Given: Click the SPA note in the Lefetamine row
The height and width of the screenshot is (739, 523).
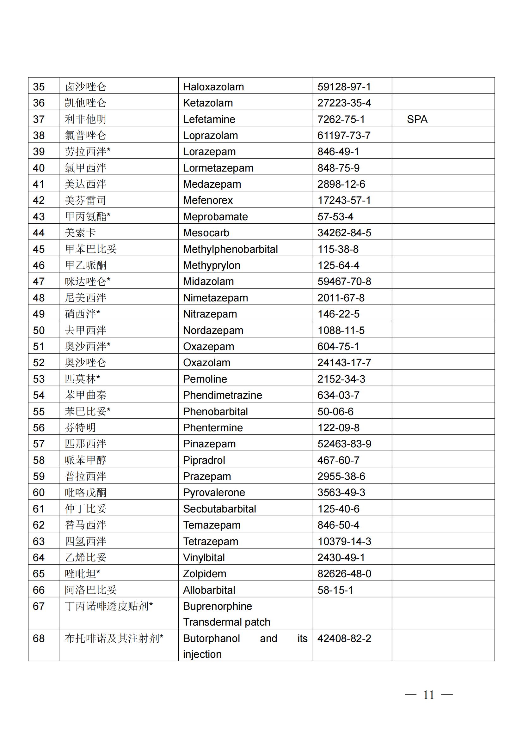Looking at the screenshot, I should pyautogui.click(x=417, y=119).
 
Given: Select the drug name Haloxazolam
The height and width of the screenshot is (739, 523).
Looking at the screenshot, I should pyautogui.click(x=213, y=87).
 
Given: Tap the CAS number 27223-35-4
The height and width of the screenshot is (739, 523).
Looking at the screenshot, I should pyautogui.click(x=344, y=103).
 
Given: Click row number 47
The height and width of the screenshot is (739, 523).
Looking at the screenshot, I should pyautogui.click(x=39, y=282).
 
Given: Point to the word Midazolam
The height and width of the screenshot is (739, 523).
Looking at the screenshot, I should pyautogui.click(x=208, y=282).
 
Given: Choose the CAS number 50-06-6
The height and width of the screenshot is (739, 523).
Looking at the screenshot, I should pyautogui.click(x=335, y=411).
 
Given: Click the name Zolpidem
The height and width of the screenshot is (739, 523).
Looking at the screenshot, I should pyautogui.click(x=205, y=573).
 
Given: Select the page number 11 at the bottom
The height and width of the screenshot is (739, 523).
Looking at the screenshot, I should pyautogui.click(x=428, y=695).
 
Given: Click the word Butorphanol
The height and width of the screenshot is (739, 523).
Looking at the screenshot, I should pyautogui.click(x=211, y=638).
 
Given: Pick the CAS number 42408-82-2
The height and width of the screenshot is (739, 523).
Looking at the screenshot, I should pyautogui.click(x=344, y=638).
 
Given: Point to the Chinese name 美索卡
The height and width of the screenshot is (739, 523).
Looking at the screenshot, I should pyautogui.click(x=80, y=233).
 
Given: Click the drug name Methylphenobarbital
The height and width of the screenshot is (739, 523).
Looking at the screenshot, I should pyautogui.click(x=230, y=249).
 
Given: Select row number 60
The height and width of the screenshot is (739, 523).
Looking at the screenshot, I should pyautogui.click(x=39, y=493).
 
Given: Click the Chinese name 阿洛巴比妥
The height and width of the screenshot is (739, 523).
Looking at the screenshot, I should pyautogui.click(x=90, y=590).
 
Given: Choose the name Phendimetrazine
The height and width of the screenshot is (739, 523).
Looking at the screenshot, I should pyautogui.click(x=222, y=395).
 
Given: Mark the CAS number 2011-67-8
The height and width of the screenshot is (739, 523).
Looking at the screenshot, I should pyautogui.click(x=341, y=298).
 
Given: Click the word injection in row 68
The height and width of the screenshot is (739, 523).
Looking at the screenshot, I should pyautogui.click(x=202, y=654).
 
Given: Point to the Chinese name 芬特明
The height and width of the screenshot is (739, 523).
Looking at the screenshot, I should pyautogui.click(x=80, y=427).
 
